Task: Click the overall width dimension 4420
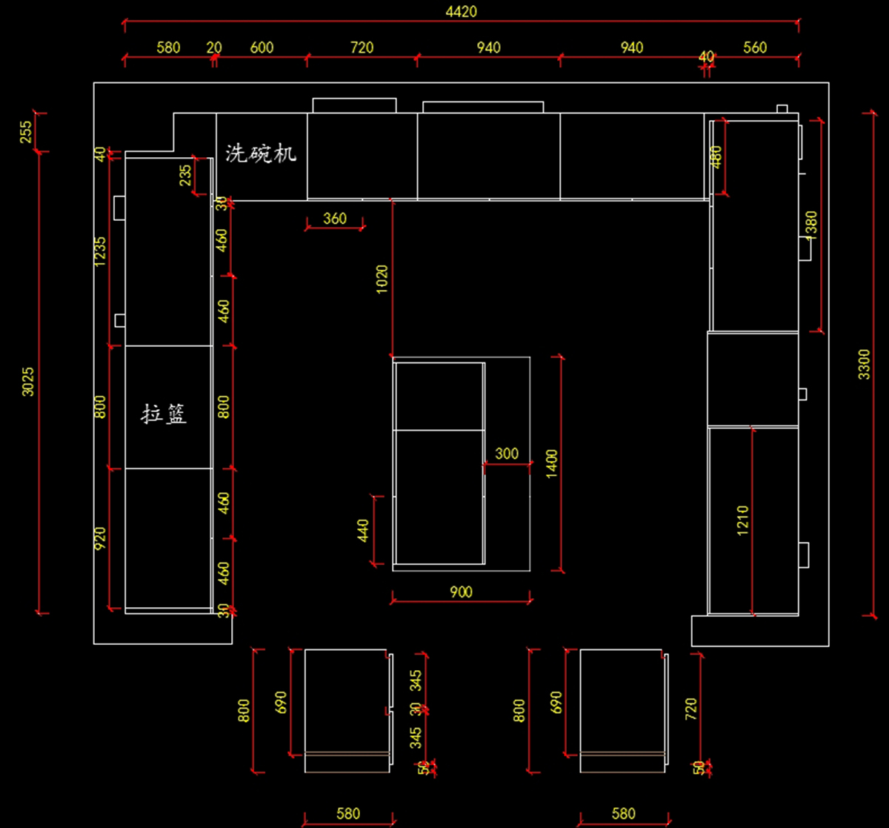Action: click(x=461, y=11)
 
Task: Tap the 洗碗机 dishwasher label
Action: click(x=261, y=153)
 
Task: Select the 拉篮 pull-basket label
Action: click(x=164, y=414)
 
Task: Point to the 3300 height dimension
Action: click(x=865, y=365)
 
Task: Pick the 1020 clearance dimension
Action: click(x=382, y=279)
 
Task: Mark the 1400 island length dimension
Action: click(x=552, y=464)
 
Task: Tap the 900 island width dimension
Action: click(x=461, y=592)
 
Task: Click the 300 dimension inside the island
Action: click(x=507, y=454)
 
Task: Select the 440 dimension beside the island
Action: click(x=363, y=531)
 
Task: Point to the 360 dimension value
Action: click(x=335, y=218)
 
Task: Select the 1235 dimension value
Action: click(x=101, y=251)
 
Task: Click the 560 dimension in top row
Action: click(x=755, y=48)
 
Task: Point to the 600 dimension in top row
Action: click(x=262, y=48)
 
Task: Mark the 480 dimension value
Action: click(x=716, y=157)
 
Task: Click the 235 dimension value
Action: click(x=185, y=175)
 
